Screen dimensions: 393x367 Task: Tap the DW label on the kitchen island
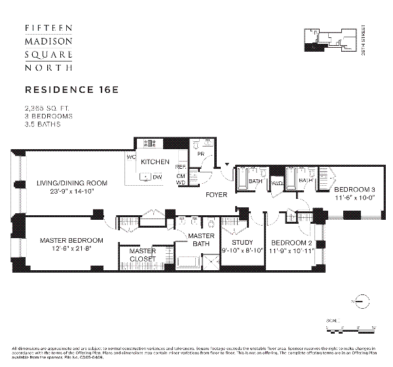point(157,177)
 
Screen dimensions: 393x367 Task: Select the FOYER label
point(216,195)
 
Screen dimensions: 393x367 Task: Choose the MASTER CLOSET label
point(141,254)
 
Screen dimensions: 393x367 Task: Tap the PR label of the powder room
point(201,154)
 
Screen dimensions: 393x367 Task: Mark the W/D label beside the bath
point(276,183)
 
